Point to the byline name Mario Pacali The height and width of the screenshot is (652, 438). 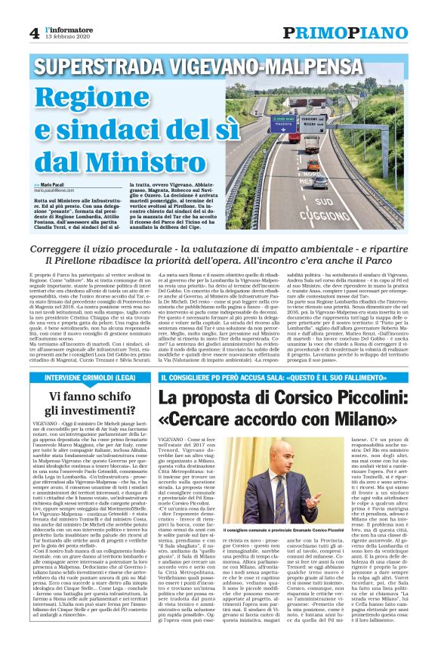60,185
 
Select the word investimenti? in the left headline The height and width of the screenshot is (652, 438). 91,390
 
